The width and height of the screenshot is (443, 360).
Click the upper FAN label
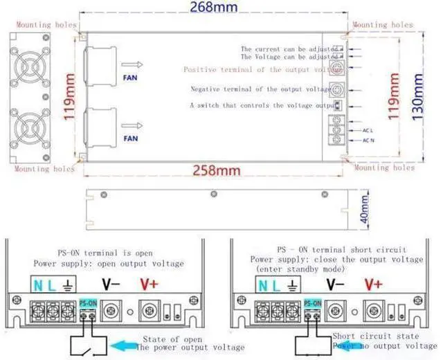click(x=129, y=78)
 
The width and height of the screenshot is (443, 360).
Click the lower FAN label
click(x=129, y=138)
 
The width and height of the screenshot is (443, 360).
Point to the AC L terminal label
click(x=368, y=129)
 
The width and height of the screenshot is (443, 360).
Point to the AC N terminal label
click(x=368, y=141)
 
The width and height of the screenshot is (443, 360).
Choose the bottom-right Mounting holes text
click(x=384, y=168)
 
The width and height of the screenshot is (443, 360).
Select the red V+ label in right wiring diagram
click(x=373, y=283)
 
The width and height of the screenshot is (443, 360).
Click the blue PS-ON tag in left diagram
click(x=87, y=303)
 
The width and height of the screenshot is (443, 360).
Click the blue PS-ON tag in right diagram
click(x=313, y=303)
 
